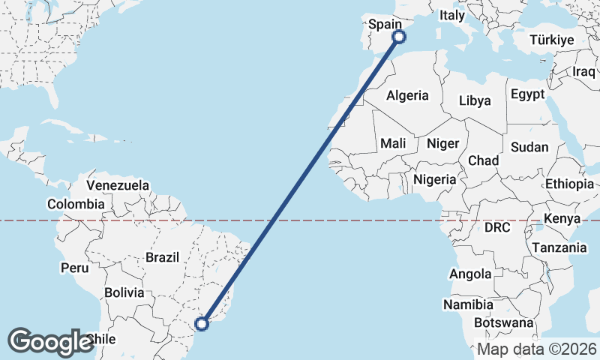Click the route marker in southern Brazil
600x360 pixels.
(201, 324)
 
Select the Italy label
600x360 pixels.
(452, 15)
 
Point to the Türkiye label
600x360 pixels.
(551, 40)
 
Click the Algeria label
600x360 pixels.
(407, 95)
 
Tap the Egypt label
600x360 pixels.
(526, 94)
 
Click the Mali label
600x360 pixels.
(393, 143)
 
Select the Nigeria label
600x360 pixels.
(435, 179)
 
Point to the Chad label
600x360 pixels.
(483, 160)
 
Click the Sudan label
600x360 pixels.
(529, 147)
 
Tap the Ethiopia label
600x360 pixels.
(569, 184)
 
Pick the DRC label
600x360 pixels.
(496, 227)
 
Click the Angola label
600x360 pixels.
(470, 274)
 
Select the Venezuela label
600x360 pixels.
(118, 185)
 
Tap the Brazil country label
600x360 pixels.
(162, 257)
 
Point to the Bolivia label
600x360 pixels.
(124, 292)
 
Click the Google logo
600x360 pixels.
(50, 341)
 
